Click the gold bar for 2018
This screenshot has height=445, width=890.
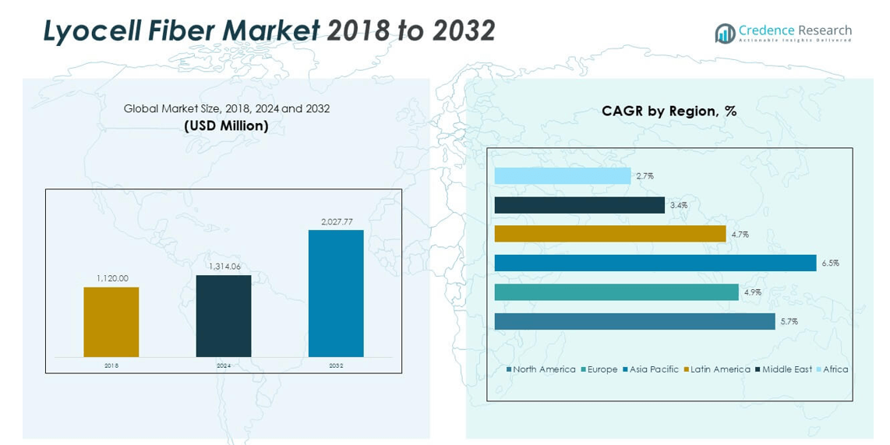click(111, 322)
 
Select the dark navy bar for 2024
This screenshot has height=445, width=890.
click(224, 316)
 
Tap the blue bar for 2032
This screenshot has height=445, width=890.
click(336, 293)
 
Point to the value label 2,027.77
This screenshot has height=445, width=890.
click(337, 222)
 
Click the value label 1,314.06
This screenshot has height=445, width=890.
click(224, 267)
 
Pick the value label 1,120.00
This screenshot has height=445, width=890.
click(112, 278)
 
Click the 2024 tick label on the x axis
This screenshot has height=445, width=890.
click(224, 366)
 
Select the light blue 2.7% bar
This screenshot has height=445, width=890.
click(563, 176)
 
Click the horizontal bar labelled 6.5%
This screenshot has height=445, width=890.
click(655, 263)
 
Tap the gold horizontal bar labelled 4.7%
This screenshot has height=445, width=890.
click(610, 234)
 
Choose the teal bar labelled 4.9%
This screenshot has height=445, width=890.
click(616, 292)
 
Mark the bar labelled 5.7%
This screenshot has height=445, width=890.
click(634, 321)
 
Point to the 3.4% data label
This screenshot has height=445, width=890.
click(678, 205)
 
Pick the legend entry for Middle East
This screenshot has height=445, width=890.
click(786, 369)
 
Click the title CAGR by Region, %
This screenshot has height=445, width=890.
click(669, 111)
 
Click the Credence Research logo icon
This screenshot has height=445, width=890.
click(725, 34)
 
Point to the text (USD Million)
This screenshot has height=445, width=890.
click(226, 125)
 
